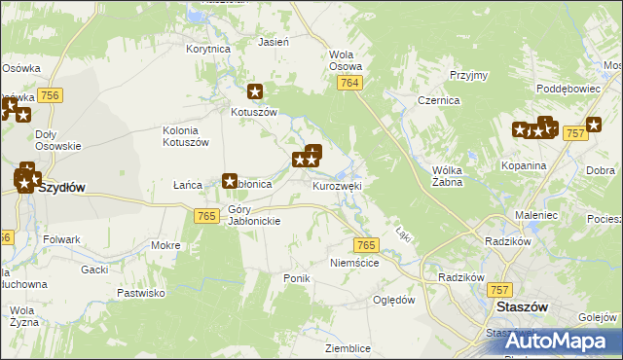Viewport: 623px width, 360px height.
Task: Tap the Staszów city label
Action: click(522, 306)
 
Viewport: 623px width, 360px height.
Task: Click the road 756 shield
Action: click(51, 94)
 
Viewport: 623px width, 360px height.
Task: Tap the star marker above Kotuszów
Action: click(255, 92)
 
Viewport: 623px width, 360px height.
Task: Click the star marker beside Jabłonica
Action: click(230, 181)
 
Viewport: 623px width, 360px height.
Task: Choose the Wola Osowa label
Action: click(346, 60)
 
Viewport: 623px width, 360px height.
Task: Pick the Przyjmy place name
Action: click(468, 75)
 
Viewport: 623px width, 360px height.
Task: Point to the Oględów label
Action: click(394, 300)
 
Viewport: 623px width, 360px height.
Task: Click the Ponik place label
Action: click(296, 278)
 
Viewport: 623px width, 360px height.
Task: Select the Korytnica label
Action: click(206, 48)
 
